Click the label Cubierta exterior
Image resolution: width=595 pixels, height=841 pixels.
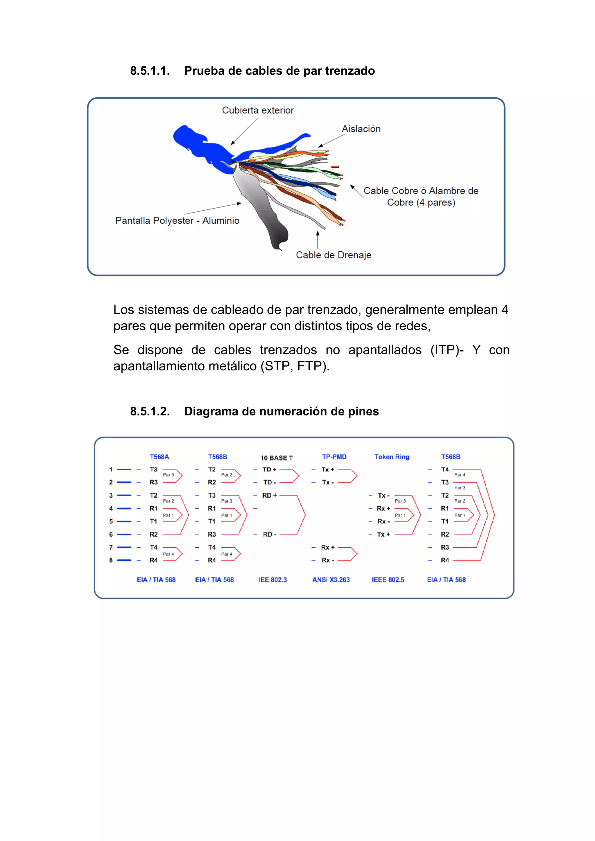pos(258,110)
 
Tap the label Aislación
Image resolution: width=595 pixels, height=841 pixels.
pos(361,129)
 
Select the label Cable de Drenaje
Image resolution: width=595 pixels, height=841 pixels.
pos(334,255)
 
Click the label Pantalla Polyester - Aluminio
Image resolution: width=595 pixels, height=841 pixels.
pos(177,220)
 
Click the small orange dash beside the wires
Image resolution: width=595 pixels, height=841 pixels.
pos(335,167)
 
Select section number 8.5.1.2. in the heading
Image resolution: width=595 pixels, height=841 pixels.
pos(150,411)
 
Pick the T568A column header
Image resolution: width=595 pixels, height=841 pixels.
pos(159,457)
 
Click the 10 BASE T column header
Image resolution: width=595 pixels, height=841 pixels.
pos(277,458)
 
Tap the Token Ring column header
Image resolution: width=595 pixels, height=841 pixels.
pos(392,457)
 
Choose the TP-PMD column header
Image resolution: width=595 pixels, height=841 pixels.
pos(334,457)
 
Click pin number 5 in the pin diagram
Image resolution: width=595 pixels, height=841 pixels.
pos(111,521)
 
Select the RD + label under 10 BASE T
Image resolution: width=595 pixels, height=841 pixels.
pos(269,495)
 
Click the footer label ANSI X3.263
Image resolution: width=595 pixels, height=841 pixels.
pos(331,580)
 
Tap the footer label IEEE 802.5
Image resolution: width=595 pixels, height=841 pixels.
pos(388,580)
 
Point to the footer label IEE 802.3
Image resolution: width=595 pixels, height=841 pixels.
pos(273,580)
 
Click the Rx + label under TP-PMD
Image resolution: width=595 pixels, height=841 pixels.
pos(327,547)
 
